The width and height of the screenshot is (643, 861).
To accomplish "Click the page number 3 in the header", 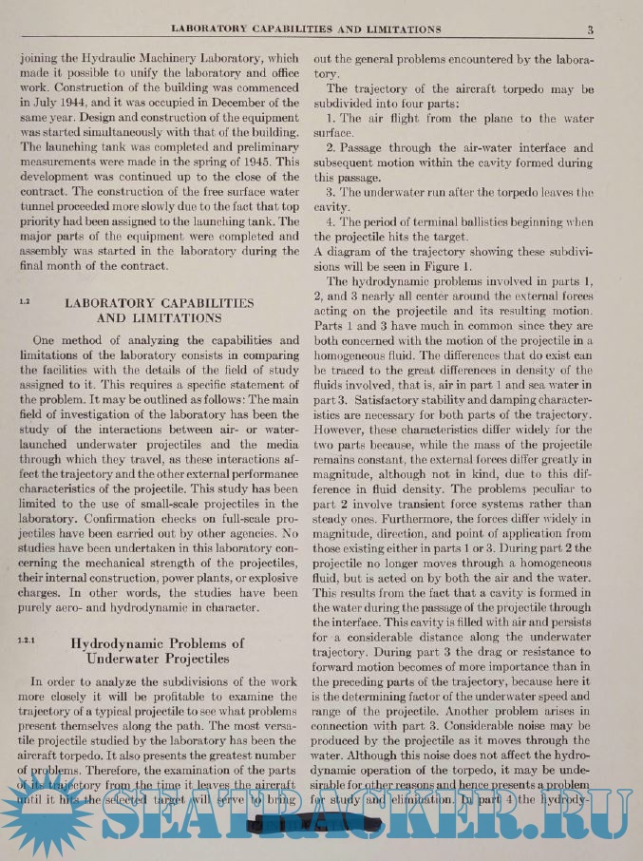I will pos(591,29).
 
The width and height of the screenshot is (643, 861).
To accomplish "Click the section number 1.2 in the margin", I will pos(25,301).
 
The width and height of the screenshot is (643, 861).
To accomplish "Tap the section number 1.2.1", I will pos(27,641).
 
